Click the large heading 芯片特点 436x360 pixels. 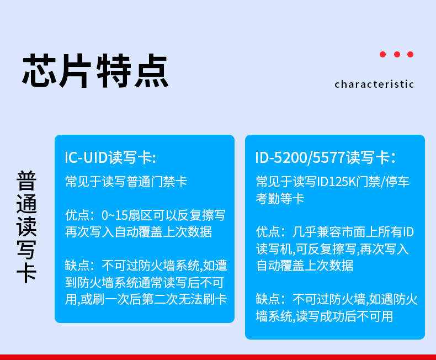pyautogui.click(x=95, y=71)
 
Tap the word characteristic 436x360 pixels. pyautogui.click(x=374, y=84)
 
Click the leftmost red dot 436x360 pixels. pyautogui.click(x=383, y=54)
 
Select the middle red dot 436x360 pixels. pyautogui.click(x=397, y=54)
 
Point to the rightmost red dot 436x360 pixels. pyautogui.click(x=411, y=54)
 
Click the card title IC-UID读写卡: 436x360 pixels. pyautogui.click(x=110, y=157)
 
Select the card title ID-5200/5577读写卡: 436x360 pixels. pyautogui.click(x=325, y=157)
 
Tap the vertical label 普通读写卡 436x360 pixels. pyautogui.click(x=26, y=227)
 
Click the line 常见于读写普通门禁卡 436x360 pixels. pyautogui.click(x=126, y=182)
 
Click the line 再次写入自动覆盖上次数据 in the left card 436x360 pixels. pyautogui.click(x=139, y=232)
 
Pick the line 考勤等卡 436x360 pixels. pyautogui.click(x=280, y=199)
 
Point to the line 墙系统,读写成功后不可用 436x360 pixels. pyautogui.click(x=325, y=316)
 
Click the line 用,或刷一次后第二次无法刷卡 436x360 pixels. pyautogui.click(x=146, y=299)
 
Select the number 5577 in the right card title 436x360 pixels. pyautogui.click(x=329, y=157)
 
